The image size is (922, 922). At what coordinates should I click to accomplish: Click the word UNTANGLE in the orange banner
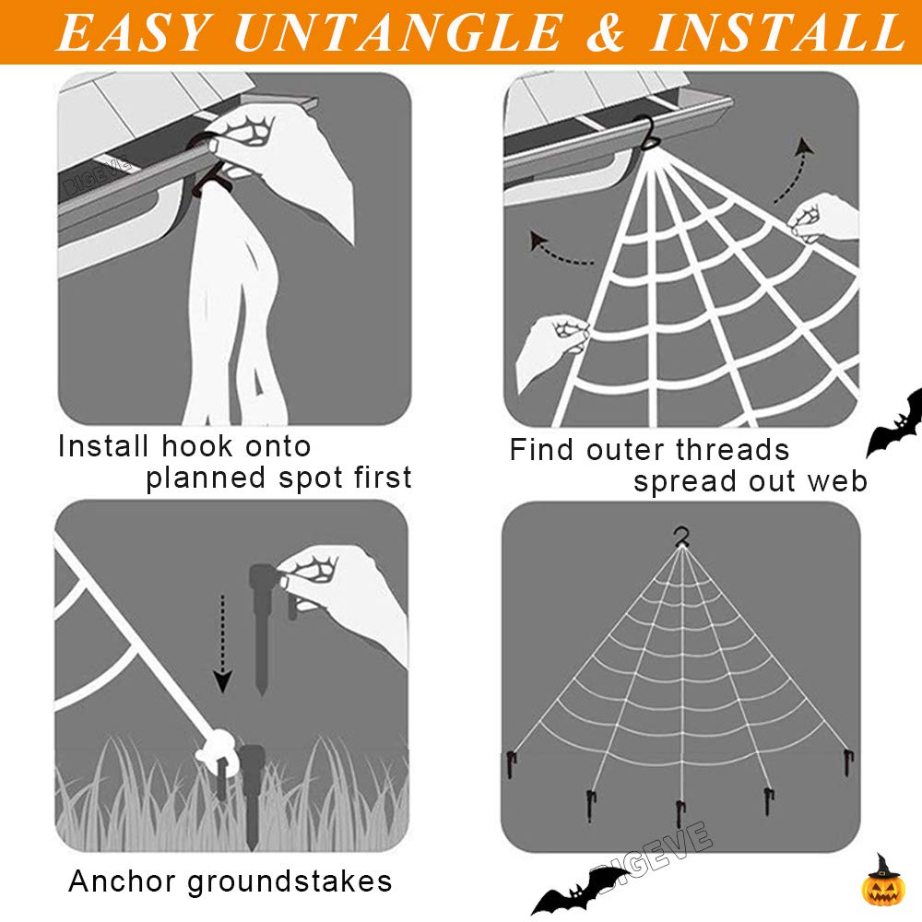click(x=396, y=33)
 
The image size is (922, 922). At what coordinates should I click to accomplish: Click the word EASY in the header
click(x=135, y=33)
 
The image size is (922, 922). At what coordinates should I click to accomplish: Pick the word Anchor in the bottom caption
click(x=122, y=881)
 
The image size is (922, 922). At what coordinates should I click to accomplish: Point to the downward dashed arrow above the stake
click(x=222, y=640)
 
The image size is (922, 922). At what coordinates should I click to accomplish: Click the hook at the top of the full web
click(x=681, y=535)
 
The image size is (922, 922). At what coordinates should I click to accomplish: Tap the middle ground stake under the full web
click(x=680, y=812)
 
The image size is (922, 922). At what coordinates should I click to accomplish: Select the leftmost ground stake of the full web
click(x=512, y=763)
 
